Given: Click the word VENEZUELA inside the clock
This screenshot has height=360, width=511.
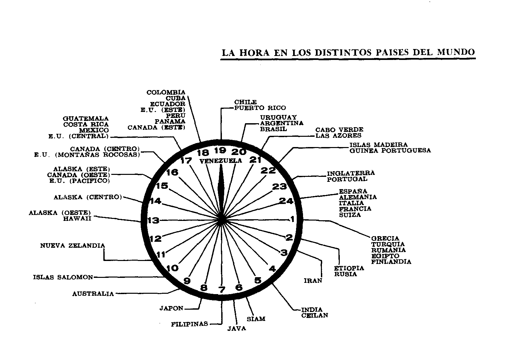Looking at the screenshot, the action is tap(221, 161).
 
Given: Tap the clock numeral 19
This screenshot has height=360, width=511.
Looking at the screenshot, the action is tap(220, 151).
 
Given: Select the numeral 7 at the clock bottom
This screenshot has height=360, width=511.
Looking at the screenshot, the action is tap(222, 290).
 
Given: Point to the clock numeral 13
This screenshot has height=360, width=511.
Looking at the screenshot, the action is tap(153, 220).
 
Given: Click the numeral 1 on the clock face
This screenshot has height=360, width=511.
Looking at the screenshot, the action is tap(292, 219).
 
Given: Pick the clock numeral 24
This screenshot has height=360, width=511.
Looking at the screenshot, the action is tap(286, 201).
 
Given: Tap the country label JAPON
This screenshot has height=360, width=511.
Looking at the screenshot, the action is tap(171, 308).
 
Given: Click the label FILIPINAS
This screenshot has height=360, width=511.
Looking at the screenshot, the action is tap(189, 324).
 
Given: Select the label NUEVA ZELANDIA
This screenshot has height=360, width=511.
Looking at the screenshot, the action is tap(73, 245).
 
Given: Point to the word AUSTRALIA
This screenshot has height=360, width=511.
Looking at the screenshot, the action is tap(93, 294).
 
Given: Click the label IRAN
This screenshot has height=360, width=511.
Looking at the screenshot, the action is tap(313, 281).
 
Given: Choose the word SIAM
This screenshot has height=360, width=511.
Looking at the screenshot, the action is tap(256, 319).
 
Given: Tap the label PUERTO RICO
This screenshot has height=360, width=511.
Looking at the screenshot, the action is tap(260, 108).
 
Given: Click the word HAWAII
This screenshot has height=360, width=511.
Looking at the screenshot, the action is tap(77, 219).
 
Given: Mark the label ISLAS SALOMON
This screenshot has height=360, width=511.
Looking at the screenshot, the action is tap(63, 277).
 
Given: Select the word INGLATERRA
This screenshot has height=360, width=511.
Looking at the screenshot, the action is tap(351, 173).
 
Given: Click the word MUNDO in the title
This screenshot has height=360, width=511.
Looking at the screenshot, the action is tap(456, 52).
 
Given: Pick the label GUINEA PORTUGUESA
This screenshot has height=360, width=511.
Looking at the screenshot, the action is tap(390, 151).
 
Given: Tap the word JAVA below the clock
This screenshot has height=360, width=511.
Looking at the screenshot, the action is tap(237, 329).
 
